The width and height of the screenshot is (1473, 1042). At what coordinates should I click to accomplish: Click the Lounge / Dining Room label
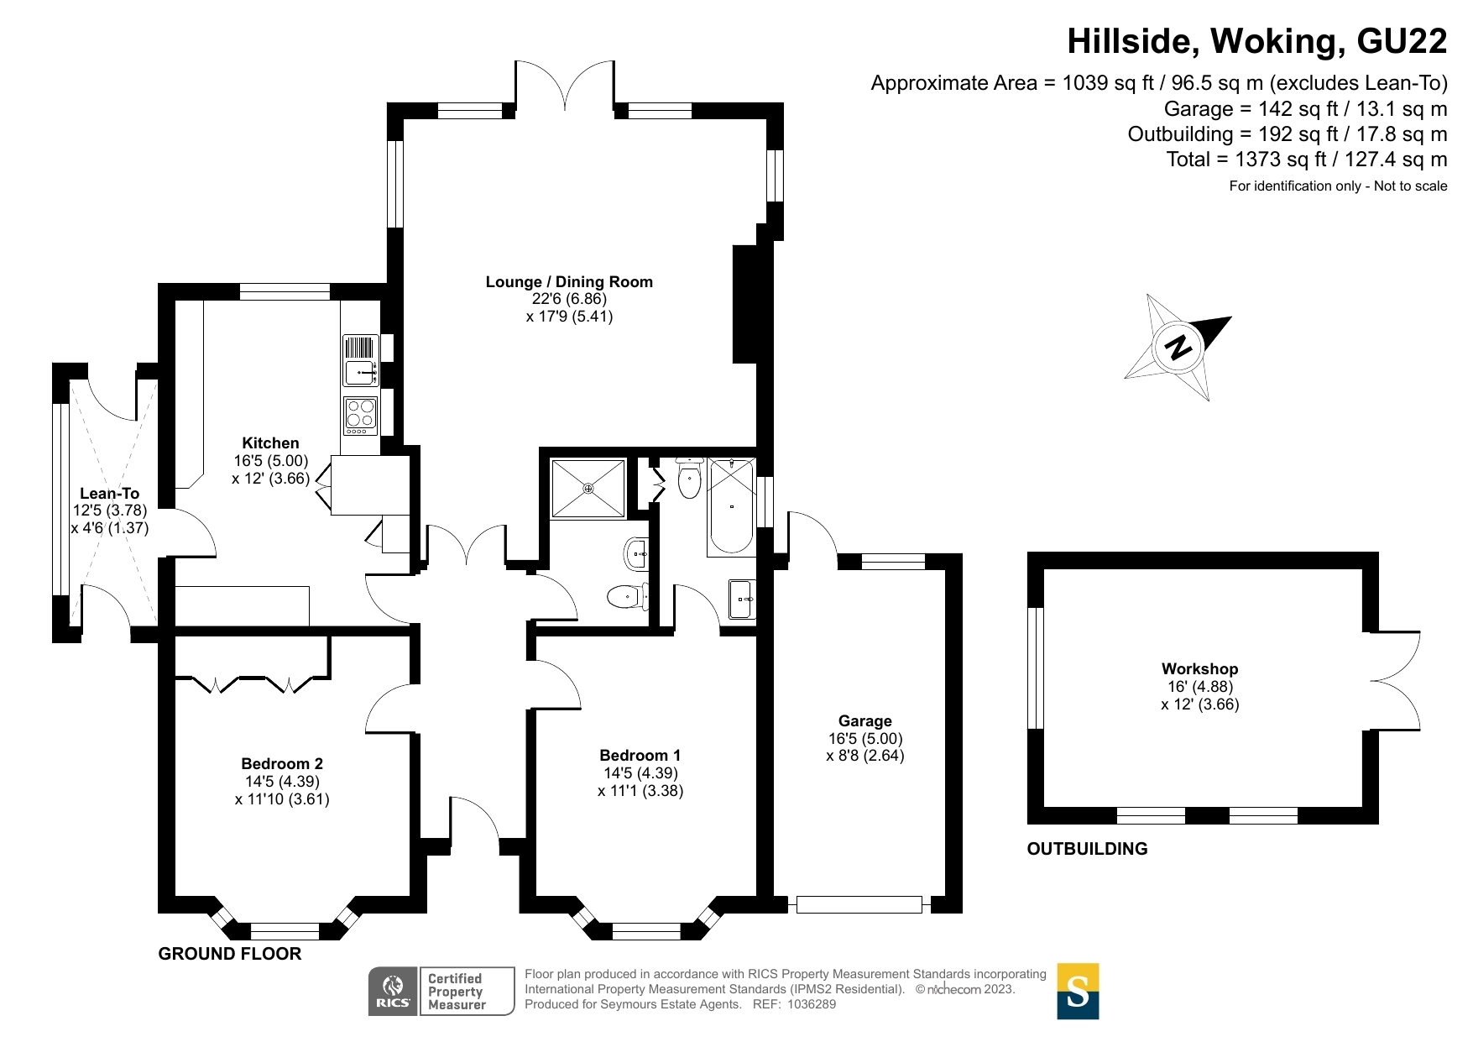(x=569, y=282)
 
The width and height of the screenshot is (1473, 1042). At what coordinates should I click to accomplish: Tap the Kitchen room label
(x=270, y=443)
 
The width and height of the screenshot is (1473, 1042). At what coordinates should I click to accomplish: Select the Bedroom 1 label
(x=640, y=756)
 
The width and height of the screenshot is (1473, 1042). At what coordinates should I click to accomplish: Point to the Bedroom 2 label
(x=282, y=764)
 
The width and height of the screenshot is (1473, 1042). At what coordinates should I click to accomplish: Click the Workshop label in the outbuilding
(x=1199, y=669)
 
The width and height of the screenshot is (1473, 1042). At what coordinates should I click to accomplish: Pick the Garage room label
(x=864, y=721)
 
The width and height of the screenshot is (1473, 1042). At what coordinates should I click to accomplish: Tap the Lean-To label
(x=109, y=494)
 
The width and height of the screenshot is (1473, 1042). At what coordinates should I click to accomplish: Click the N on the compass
(x=1178, y=347)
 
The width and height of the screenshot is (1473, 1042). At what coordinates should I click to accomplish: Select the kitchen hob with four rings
(x=361, y=415)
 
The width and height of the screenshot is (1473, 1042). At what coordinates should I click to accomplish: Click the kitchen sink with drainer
(x=361, y=360)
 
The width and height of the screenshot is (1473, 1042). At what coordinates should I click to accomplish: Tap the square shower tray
(x=588, y=488)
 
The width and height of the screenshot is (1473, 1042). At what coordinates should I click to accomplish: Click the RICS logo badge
(x=393, y=992)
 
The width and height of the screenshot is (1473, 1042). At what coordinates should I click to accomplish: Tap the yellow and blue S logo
(x=1078, y=992)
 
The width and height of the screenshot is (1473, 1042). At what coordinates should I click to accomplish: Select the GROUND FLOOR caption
(x=230, y=954)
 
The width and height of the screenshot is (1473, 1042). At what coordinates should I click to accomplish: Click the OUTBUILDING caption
(x=1087, y=849)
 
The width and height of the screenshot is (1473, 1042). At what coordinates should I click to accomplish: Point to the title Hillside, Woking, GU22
(x=1256, y=41)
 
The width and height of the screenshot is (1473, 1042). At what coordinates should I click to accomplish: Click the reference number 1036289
(x=812, y=1004)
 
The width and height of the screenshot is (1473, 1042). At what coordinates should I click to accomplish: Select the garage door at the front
(x=859, y=904)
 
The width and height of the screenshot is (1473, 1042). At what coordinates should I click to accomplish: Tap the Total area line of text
(x=1306, y=160)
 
